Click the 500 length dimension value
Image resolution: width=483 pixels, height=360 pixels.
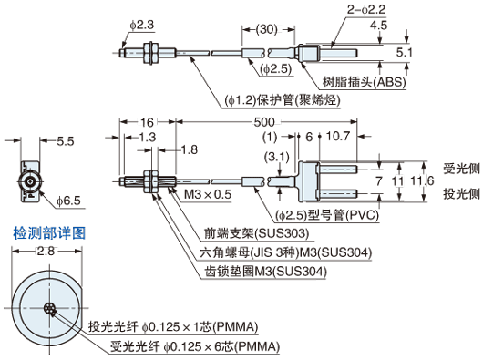(264, 122)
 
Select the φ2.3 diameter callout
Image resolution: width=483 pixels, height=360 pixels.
(141, 25)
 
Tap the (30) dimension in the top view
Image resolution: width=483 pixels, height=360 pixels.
(267, 29)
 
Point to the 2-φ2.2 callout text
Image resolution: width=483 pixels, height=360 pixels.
(366, 9)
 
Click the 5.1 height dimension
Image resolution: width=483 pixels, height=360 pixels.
(404, 52)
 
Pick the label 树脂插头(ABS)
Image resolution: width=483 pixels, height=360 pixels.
(365, 82)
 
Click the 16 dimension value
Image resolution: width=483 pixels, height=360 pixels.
(147, 122)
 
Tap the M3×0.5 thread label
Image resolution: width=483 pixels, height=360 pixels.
(208, 194)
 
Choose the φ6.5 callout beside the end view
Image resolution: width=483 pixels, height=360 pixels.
(68, 201)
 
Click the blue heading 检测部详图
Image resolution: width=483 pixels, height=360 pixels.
(49, 233)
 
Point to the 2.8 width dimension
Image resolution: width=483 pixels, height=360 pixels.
(46, 251)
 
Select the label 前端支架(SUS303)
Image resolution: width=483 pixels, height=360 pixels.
(256, 233)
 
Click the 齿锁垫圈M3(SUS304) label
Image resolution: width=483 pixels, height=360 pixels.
(265, 272)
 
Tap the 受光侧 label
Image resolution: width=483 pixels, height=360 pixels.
(461, 169)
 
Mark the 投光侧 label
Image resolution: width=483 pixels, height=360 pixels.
(461, 194)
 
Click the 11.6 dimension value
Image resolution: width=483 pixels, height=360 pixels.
(422, 180)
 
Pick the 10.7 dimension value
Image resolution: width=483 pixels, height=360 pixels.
(338, 136)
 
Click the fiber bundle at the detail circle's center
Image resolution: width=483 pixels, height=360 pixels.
(49, 308)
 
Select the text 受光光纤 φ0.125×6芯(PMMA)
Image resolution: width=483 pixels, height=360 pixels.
(195, 346)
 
